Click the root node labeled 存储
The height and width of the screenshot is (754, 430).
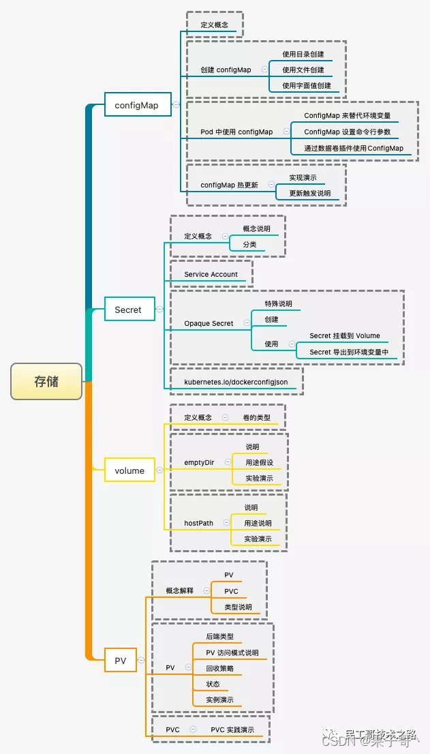point(46,382)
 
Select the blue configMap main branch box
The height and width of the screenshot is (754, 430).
point(136,105)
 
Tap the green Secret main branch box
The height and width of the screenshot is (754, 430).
point(128,310)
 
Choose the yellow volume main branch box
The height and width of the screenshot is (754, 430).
point(129,470)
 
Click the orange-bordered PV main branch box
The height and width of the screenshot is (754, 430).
point(120,661)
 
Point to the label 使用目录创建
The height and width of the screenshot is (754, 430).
point(303,54)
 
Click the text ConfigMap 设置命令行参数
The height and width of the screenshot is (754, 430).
point(348,132)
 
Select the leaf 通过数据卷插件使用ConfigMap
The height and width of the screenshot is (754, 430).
point(354,148)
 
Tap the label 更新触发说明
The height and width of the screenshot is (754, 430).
point(309,193)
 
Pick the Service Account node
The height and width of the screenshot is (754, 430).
point(211,274)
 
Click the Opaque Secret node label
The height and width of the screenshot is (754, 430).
point(209,323)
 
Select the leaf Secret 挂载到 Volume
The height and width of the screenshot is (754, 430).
point(345,335)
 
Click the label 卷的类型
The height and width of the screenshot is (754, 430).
point(256,417)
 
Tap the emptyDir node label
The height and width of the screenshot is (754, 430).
point(199,462)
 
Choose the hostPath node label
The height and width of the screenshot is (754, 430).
point(198,523)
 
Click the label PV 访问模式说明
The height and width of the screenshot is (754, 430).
point(232,652)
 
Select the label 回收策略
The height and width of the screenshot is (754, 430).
point(220,669)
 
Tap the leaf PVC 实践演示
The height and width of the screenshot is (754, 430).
point(232,729)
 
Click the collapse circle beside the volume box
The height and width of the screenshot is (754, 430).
point(159,470)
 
